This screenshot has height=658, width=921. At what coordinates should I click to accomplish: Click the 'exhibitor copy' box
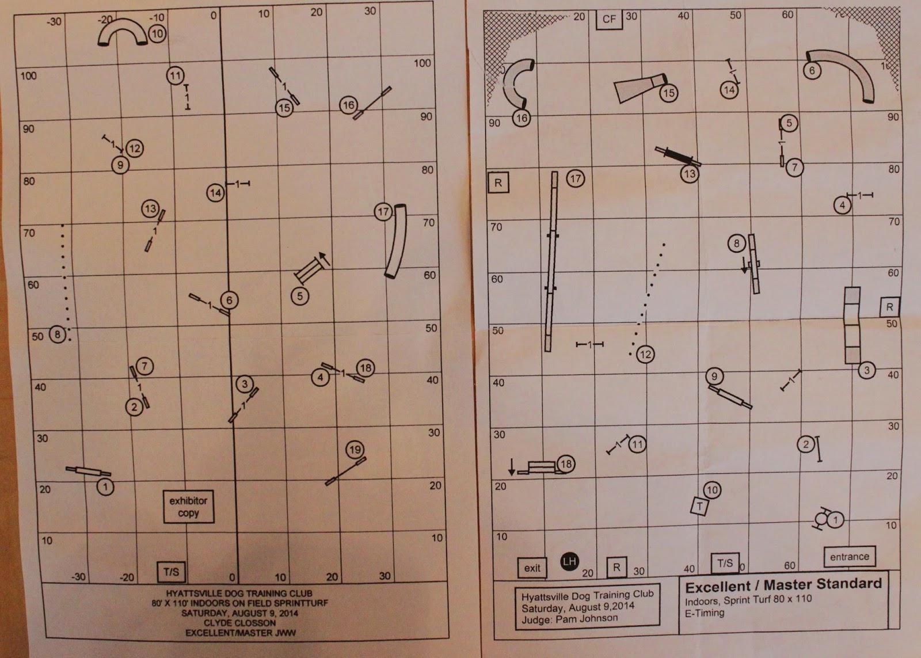tap(189, 507)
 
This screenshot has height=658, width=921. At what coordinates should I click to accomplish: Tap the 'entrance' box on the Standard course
tap(850, 557)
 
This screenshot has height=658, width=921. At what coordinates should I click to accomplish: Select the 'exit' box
tap(532, 568)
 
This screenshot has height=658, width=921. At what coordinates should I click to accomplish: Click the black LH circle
tap(569, 561)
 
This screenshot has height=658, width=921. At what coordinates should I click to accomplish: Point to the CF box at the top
tap(610, 20)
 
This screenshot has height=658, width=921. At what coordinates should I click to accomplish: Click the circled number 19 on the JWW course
tap(355, 450)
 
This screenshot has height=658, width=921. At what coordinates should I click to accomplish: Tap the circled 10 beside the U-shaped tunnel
tap(157, 34)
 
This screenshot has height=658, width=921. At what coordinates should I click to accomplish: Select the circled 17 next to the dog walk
tap(575, 178)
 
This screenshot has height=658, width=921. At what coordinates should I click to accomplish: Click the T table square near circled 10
tap(699, 506)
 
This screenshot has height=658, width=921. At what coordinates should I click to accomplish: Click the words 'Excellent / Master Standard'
tap(783, 585)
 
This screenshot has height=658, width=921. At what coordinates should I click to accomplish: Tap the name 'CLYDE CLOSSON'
tap(239, 623)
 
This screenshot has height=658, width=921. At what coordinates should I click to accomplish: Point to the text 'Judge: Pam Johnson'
tap(569, 619)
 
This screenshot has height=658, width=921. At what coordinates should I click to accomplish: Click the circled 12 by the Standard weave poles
tap(645, 355)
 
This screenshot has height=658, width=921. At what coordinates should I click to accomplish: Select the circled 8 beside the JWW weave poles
tap(58, 334)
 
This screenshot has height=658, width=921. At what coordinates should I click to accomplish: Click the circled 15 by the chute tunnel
tap(669, 93)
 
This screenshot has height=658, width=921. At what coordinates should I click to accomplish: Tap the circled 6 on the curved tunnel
tap(812, 70)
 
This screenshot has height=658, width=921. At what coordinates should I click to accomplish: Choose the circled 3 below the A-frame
tap(867, 370)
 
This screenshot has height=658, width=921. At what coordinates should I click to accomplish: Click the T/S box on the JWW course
tap(172, 572)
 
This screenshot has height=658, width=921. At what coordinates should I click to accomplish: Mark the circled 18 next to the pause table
tap(566, 465)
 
